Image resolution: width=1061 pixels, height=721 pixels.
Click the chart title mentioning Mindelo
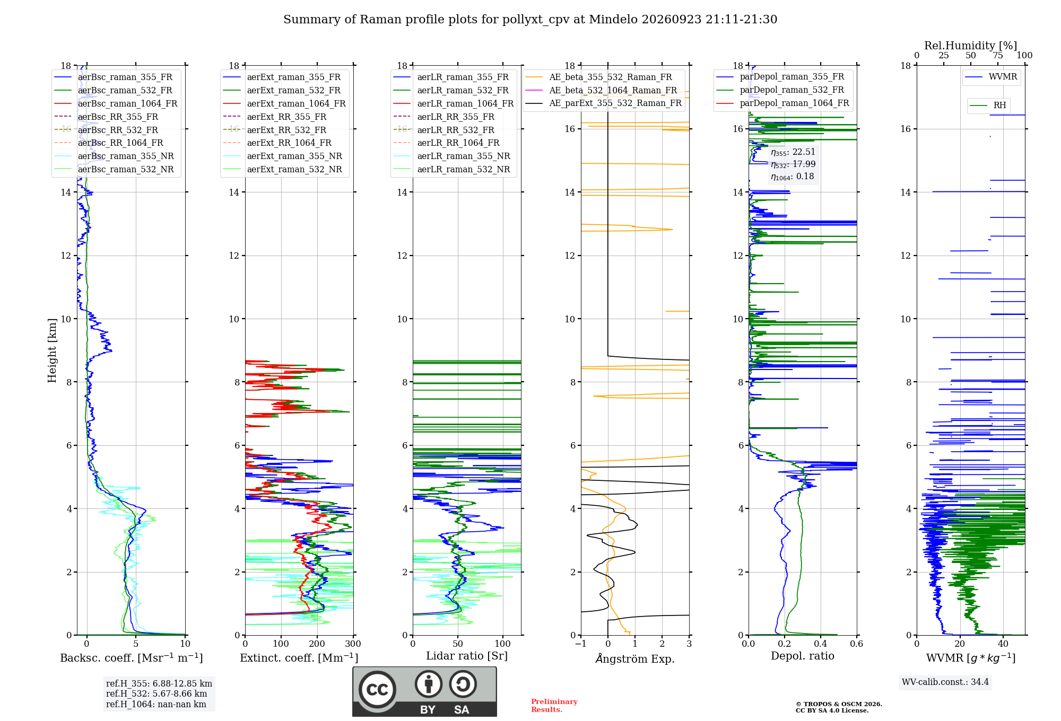point(530,20)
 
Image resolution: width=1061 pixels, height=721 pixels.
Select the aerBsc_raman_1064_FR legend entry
point(116,103)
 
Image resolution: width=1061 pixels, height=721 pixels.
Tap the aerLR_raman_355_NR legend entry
point(451,156)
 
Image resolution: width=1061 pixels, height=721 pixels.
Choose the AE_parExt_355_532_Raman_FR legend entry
point(604,103)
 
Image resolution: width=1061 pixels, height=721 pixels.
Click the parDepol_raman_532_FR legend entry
point(780,90)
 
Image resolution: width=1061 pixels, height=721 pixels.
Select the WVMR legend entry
point(991,77)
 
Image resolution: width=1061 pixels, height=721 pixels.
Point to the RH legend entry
point(988,105)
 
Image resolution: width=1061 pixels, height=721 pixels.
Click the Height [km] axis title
point(52,350)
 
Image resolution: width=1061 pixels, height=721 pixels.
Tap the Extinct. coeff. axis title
point(299,658)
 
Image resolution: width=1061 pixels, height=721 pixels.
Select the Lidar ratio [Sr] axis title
point(467,656)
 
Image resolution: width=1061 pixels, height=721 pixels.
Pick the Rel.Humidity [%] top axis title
point(971,46)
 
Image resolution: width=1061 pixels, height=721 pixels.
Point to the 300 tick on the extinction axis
point(353,644)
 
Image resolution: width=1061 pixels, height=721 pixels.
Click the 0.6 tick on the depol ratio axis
point(857,644)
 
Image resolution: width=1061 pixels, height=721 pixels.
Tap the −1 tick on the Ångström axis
point(581,644)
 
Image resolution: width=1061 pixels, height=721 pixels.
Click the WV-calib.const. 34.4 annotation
point(945,682)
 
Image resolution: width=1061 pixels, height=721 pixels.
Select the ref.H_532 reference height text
point(156,693)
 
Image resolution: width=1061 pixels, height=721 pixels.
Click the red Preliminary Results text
point(554,706)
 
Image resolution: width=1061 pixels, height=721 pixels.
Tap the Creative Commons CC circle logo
point(378,690)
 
